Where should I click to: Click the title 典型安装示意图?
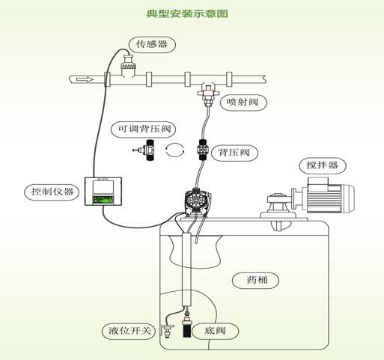click(187, 13)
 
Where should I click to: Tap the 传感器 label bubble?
click(152, 45)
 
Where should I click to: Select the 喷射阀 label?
click(243, 103)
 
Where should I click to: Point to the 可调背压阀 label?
click(143, 129)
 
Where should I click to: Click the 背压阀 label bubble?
click(234, 152)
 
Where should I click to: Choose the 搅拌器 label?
click(323, 165)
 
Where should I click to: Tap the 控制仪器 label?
click(52, 192)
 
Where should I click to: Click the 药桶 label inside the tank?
click(255, 281)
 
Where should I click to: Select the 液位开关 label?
click(129, 331)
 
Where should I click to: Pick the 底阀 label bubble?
click(215, 331)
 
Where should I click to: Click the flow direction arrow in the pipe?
click(85, 79)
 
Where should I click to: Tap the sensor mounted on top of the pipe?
click(128, 65)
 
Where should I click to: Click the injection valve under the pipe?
click(208, 94)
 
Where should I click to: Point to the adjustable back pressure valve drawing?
click(144, 150)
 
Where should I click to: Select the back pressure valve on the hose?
click(202, 150)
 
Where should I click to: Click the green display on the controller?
click(103, 200)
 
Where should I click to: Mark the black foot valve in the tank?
click(186, 326)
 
